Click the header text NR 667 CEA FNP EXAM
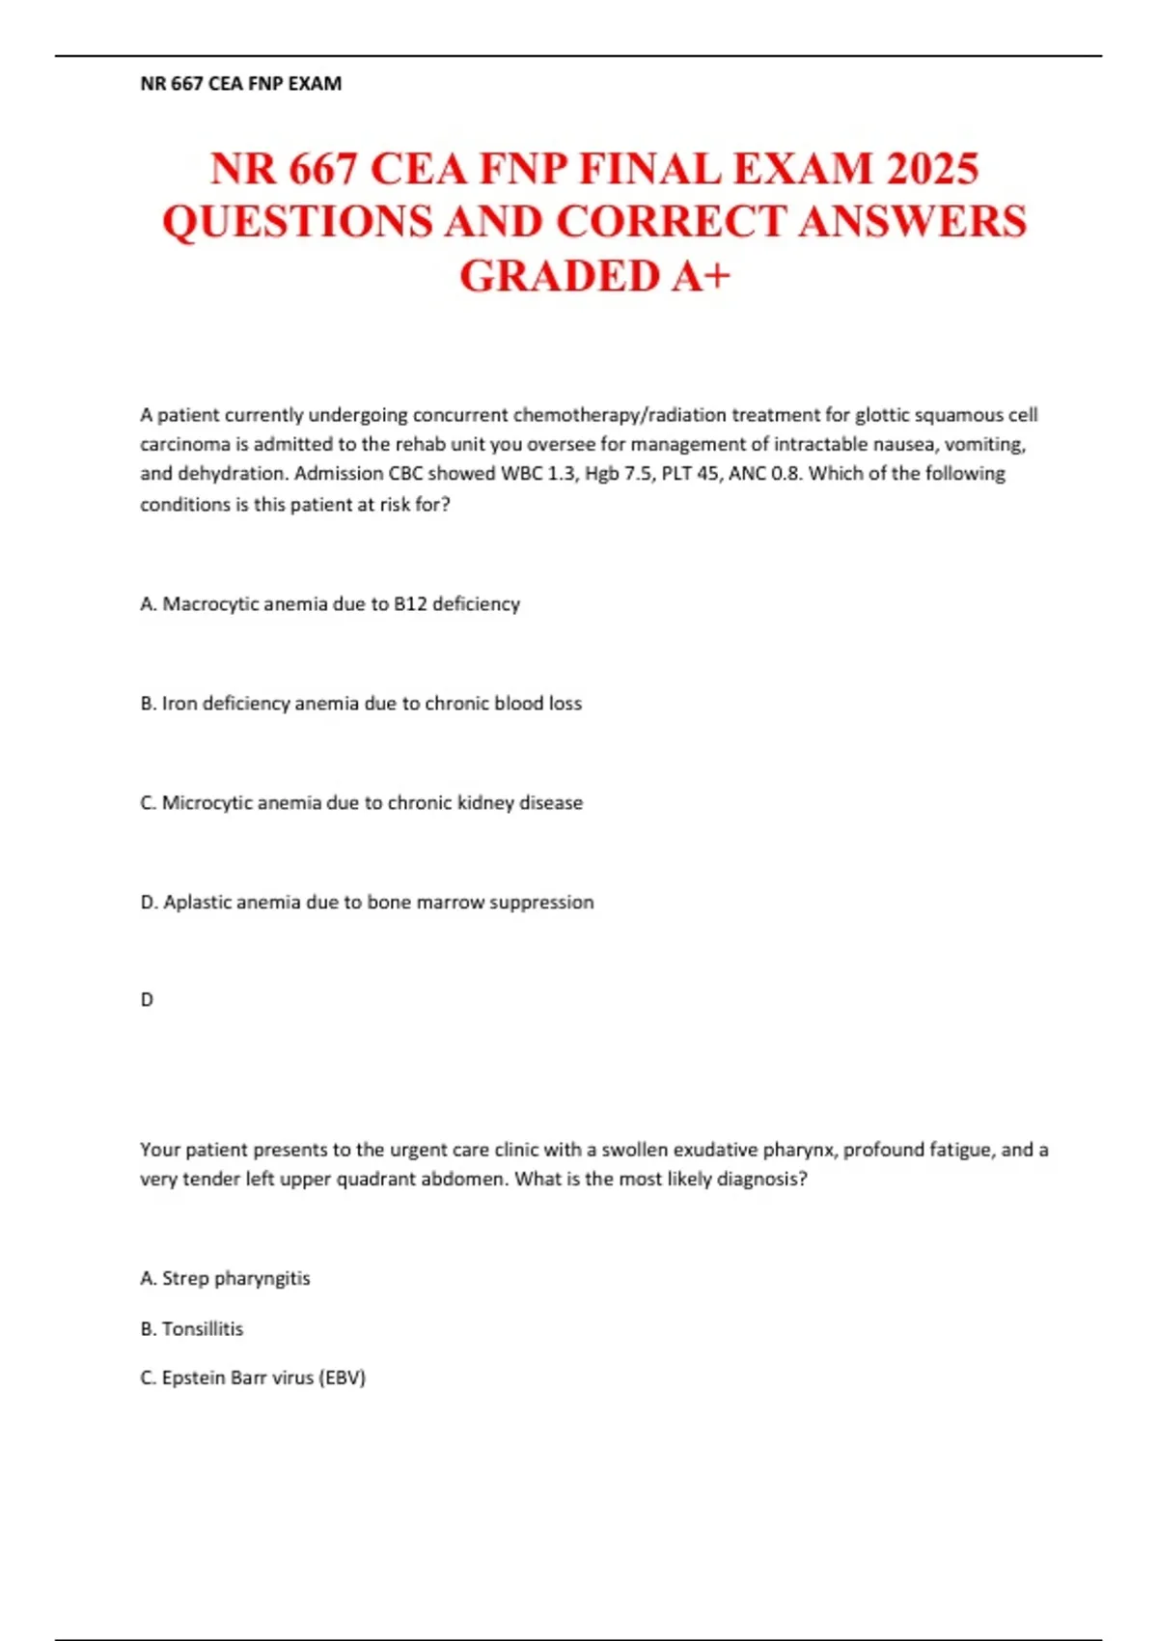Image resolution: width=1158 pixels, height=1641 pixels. pos(240,84)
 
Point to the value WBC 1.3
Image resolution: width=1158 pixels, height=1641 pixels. pos(536,474)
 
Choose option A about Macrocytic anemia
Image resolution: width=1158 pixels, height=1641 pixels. pos(330,604)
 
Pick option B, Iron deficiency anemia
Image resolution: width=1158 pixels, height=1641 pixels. pos(361,704)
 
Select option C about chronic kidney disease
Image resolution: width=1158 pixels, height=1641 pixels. pos(361,803)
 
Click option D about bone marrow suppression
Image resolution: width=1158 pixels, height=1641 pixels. pos(367,903)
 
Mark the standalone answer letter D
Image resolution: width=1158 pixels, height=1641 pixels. pos(147,1000)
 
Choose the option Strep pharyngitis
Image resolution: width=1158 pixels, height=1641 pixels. pos(225,1278)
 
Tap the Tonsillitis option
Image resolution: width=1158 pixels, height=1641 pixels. pos(191,1329)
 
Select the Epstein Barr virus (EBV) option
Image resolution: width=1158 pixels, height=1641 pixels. pos(253,1378)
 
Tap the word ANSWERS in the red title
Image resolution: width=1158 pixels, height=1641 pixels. pos(912,222)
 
